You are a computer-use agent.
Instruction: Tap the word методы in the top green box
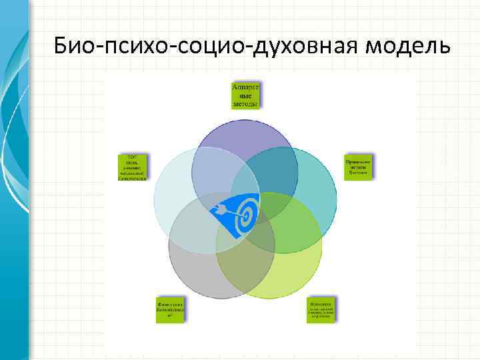point(246,104)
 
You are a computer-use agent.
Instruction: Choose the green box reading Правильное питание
point(358,167)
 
